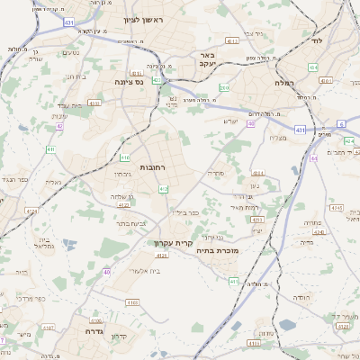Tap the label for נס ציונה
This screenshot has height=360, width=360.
pos(129,82)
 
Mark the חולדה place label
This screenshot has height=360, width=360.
pos(301,296)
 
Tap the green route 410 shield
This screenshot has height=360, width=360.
pos(50,149)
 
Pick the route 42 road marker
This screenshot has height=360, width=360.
pos(59,127)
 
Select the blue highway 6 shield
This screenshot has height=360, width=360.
pos(340,123)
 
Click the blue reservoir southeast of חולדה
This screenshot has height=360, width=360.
pos(287,325)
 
